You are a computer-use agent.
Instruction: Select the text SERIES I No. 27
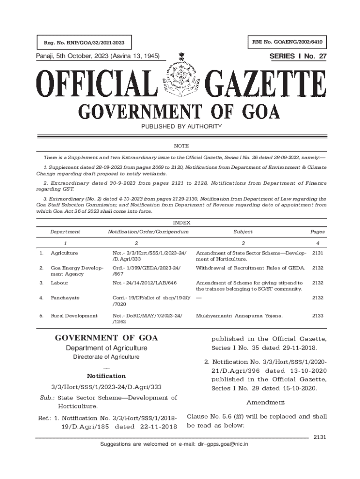point(298,57)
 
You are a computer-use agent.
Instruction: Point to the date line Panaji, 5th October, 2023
point(98,57)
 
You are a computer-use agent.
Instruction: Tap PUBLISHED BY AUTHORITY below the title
point(180,127)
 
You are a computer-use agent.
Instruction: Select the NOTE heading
point(180,146)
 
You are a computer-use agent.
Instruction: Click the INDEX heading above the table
point(180,223)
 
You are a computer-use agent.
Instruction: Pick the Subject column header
point(243,232)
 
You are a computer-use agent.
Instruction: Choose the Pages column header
point(317,232)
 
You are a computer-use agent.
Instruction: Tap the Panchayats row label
point(65,298)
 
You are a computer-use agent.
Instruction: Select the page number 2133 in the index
point(317,316)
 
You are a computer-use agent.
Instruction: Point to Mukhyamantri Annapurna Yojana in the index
point(239,316)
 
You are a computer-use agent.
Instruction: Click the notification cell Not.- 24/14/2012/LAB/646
point(144,283)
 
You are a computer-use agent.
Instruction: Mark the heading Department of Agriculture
point(107,348)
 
